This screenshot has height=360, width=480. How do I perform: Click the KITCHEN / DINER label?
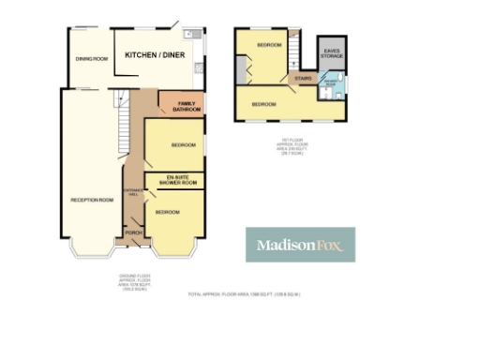[x=162, y=55]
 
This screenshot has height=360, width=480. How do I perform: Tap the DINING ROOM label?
[x=92, y=59]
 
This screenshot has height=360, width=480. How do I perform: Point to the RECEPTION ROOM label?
[x=92, y=200]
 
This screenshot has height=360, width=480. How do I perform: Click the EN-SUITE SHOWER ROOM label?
[x=175, y=181]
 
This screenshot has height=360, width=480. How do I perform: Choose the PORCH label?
[x=134, y=232]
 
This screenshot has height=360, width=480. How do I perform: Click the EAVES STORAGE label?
[x=332, y=53]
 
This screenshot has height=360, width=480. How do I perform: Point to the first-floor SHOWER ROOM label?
[x=334, y=85]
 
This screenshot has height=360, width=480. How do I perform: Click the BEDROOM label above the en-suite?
[x=183, y=144]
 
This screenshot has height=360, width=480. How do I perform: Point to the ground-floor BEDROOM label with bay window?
[x=167, y=212]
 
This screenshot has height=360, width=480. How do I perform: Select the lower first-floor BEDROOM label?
[x=263, y=103]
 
